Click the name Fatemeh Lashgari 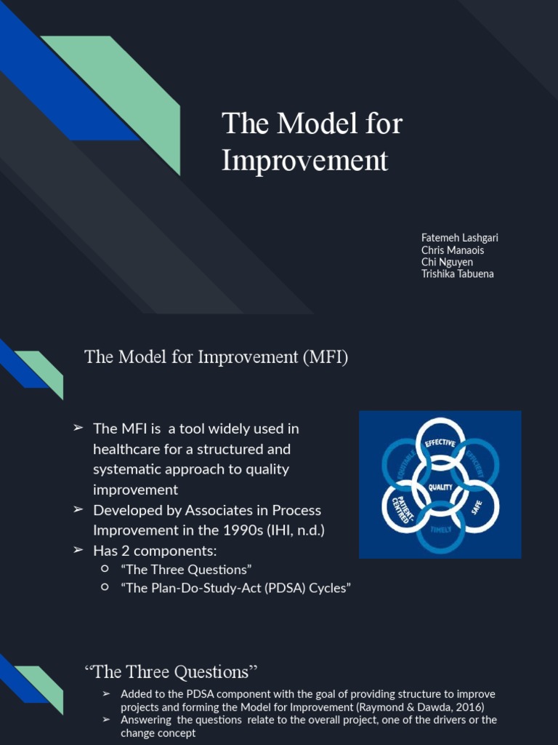tap(459, 238)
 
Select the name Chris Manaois tap(452, 250)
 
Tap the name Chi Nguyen tap(447, 262)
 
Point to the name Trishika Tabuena tap(457, 274)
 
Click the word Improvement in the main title tap(304, 160)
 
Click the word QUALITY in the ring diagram tap(440, 487)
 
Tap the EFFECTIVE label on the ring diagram tap(440, 443)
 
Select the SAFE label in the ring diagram tap(477, 506)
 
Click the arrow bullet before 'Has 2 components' tap(78, 550)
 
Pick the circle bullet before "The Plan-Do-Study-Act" tap(105, 586)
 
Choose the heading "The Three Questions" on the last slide tap(171, 672)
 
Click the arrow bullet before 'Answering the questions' tap(106, 720)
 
